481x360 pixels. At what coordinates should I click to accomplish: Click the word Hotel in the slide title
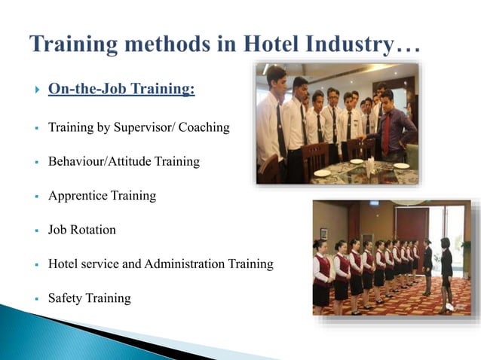tap(283, 43)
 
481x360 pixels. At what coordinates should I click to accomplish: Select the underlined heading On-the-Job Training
tap(121, 90)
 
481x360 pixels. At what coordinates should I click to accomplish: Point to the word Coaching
tap(202, 127)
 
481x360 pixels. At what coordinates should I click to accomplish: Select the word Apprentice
tap(78, 196)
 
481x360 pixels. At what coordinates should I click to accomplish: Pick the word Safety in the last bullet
tap(65, 298)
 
